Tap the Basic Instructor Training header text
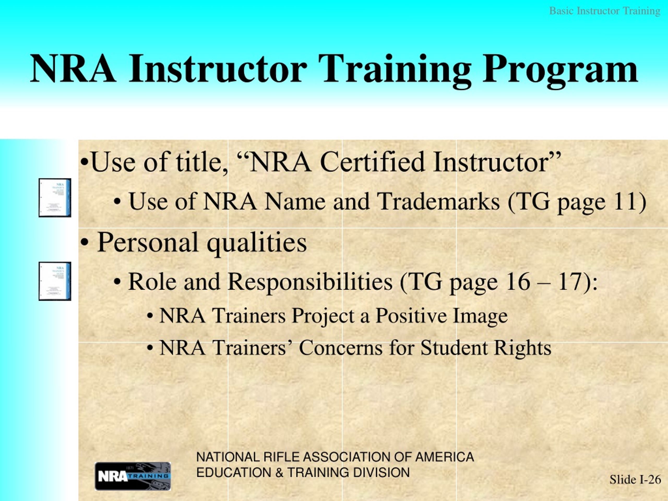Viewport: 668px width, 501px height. (x=604, y=11)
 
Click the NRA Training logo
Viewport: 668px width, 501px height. (x=133, y=476)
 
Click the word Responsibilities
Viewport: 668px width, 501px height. (x=310, y=282)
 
